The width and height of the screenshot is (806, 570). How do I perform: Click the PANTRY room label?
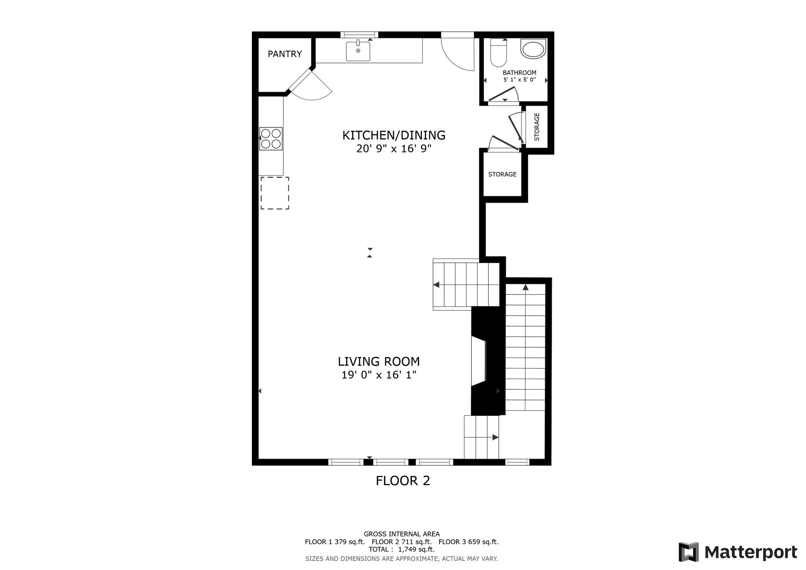click(x=285, y=54)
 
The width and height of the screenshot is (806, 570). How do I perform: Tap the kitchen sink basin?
click(x=358, y=52)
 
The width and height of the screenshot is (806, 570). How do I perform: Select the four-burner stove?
click(x=271, y=139)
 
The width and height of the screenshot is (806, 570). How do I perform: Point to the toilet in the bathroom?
click(x=499, y=53)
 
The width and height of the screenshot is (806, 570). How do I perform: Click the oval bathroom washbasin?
click(x=533, y=49)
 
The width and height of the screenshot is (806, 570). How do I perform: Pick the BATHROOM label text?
click(x=519, y=73)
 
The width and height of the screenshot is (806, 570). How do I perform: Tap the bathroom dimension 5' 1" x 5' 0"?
click(x=519, y=80)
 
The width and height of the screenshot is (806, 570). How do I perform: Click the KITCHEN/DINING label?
click(x=394, y=135)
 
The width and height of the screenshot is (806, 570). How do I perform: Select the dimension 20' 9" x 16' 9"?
click(x=394, y=149)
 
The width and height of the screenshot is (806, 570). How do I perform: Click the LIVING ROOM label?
click(x=379, y=361)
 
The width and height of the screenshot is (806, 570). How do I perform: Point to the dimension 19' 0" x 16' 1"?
click(x=379, y=375)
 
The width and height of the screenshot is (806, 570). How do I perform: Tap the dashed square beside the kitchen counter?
click(x=275, y=193)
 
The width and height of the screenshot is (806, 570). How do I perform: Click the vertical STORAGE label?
click(x=537, y=127)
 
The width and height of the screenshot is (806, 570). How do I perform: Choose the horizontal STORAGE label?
click(x=502, y=174)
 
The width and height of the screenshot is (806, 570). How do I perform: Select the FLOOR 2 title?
click(x=403, y=481)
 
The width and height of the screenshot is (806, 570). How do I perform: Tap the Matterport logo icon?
click(x=688, y=552)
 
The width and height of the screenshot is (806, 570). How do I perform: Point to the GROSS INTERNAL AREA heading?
click(x=402, y=534)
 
